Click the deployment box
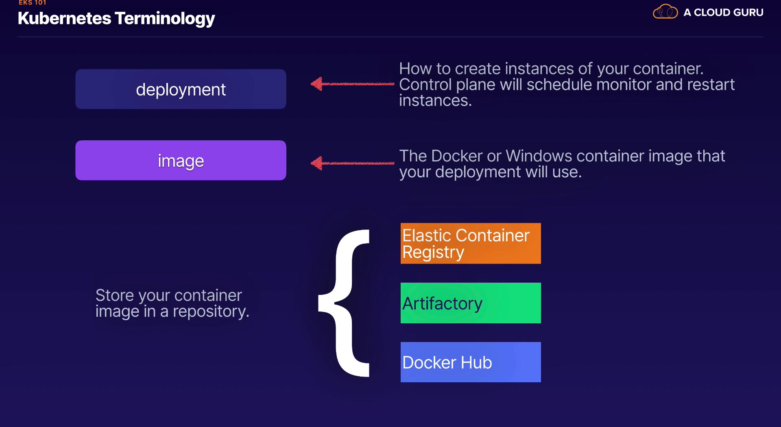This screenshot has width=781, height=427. click(181, 89)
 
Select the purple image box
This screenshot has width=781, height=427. click(181, 160)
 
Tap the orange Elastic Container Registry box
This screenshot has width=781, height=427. click(471, 243)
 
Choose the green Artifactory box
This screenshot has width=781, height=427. click(471, 303)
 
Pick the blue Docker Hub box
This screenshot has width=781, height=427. click(471, 362)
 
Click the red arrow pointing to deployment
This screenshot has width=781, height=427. click(352, 84)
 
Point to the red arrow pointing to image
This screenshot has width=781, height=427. click(352, 163)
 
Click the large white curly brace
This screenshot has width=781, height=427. click(344, 303)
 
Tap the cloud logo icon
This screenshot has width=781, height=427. click(665, 12)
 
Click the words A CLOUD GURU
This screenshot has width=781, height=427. click(723, 13)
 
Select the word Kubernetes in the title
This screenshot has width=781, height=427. click(64, 18)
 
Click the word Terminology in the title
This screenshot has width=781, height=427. click(165, 19)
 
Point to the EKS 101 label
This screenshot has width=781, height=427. click(33, 2)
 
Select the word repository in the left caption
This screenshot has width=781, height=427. click(211, 312)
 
